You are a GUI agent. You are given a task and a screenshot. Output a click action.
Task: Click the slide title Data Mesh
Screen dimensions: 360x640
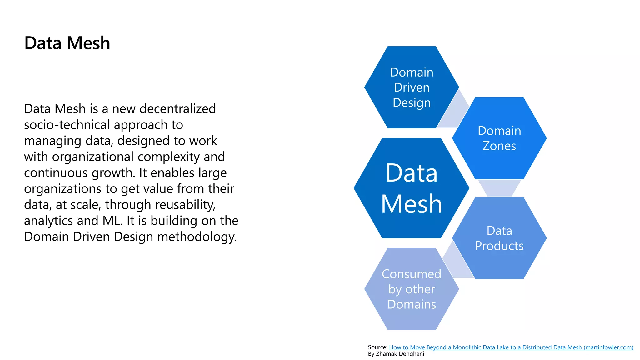[x=67, y=43]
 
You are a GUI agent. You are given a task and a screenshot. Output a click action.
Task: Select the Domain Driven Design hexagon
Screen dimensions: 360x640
[x=412, y=87]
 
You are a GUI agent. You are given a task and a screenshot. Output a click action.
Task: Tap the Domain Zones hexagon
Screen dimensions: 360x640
[x=499, y=138]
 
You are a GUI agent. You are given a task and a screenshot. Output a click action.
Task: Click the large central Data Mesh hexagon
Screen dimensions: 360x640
[x=411, y=188]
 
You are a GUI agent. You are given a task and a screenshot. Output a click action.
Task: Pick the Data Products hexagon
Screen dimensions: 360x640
[x=499, y=238]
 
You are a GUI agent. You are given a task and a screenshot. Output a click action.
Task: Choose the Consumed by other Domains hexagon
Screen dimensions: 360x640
[x=412, y=289]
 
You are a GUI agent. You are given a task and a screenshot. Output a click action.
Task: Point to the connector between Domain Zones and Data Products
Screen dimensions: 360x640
[x=499, y=187]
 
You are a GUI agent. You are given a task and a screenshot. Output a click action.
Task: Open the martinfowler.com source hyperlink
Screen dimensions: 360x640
[x=511, y=347]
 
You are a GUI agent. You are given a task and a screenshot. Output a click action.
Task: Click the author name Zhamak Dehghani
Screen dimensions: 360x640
[x=400, y=354]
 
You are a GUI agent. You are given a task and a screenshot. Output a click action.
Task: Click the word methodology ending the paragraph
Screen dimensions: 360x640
[x=197, y=237]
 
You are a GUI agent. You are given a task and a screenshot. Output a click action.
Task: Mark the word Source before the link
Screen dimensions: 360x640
[x=377, y=347]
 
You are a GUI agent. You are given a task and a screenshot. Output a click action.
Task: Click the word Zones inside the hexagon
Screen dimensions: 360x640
[x=499, y=146]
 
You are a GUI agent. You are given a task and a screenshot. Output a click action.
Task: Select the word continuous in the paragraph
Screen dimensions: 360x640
[x=55, y=173]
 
